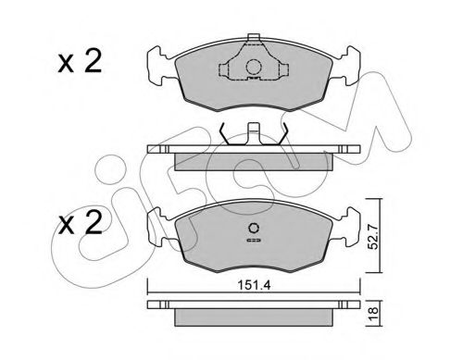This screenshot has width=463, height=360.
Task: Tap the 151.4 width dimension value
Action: point(249,283)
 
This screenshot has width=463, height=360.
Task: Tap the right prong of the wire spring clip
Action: point(284,134)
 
